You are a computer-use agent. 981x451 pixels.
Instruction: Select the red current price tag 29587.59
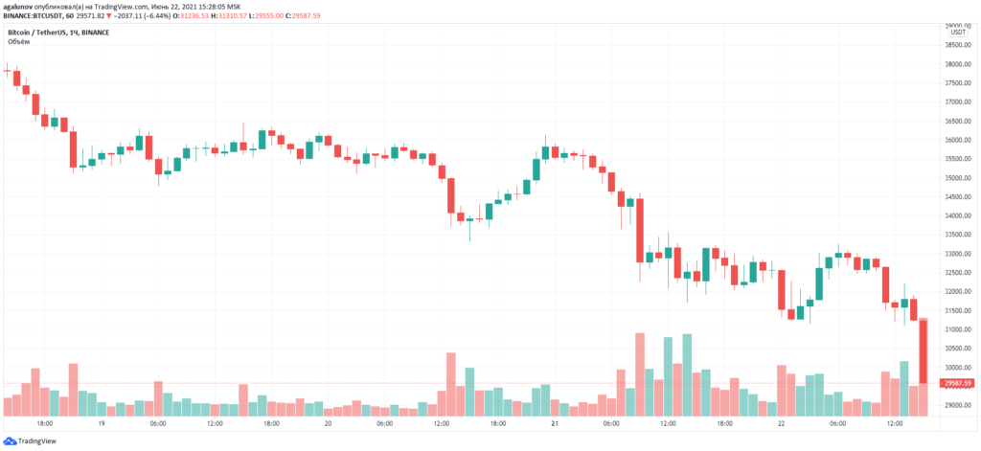coord(957,383)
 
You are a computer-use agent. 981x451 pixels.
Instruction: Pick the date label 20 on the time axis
coord(328,423)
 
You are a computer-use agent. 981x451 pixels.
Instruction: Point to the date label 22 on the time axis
coord(781,423)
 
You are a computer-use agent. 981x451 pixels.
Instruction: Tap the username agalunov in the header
coord(20,6)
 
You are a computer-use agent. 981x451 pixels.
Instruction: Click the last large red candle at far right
coord(924,350)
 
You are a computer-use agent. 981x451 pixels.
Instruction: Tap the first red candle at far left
coord(16,79)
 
